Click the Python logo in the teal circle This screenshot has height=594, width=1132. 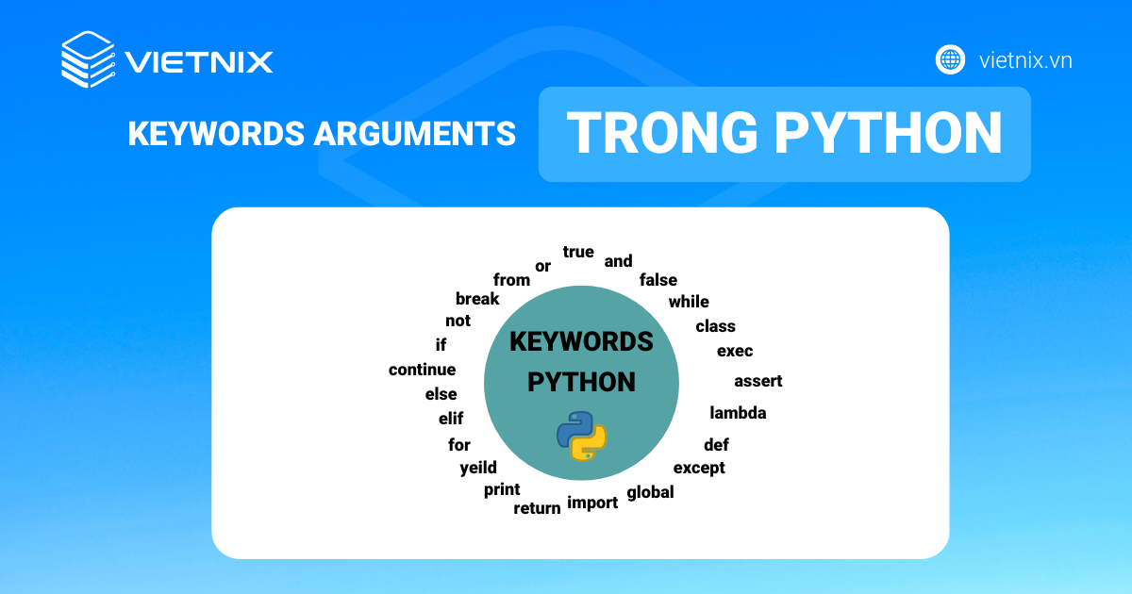(x=581, y=436)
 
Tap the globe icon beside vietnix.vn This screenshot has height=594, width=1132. (x=950, y=60)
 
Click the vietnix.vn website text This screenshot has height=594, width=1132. (x=1025, y=60)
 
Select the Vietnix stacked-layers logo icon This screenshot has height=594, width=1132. (x=88, y=59)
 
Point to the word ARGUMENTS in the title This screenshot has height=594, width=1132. (x=415, y=134)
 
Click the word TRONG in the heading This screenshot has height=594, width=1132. (x=662, y=132)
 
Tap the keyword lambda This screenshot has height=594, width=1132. (x=738, y=413)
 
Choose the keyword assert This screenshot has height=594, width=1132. (x=758, y=381)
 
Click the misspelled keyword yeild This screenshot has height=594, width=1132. (x=478, y=468)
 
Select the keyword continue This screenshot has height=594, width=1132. (x=422, y=370)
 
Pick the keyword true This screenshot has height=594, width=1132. (x=578, y=252)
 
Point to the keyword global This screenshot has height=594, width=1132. (x=650, y=492)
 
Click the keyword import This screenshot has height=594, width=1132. (x=592, y=503)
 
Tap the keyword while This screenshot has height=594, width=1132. (x=689, y=302)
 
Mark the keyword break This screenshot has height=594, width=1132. (x=477, y=299)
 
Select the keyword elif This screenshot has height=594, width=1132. (x=451, y=419)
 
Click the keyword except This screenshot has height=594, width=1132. (x=699, y=469)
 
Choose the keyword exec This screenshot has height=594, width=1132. (x=735, y=351)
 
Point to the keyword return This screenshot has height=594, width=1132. (x=537, y=508)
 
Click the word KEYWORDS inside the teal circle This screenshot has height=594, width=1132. (x=581, y=342)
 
